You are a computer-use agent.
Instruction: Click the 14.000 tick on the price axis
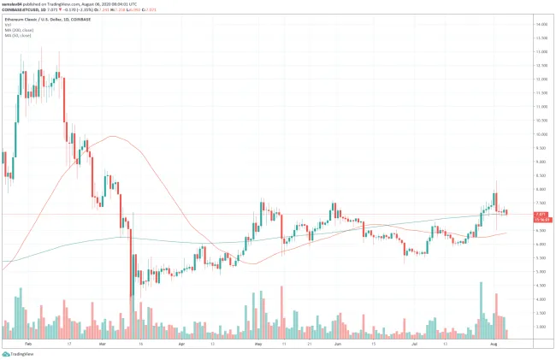[x=541, y=25]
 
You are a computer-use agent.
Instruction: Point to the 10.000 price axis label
[x=541, y=134]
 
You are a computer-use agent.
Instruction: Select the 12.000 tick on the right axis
[x=541, y=80]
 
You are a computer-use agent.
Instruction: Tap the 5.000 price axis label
[x=541, y=272]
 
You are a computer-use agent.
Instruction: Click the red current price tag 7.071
[x=540, y=214]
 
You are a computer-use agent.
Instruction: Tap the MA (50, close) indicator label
[x=18, y=37]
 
